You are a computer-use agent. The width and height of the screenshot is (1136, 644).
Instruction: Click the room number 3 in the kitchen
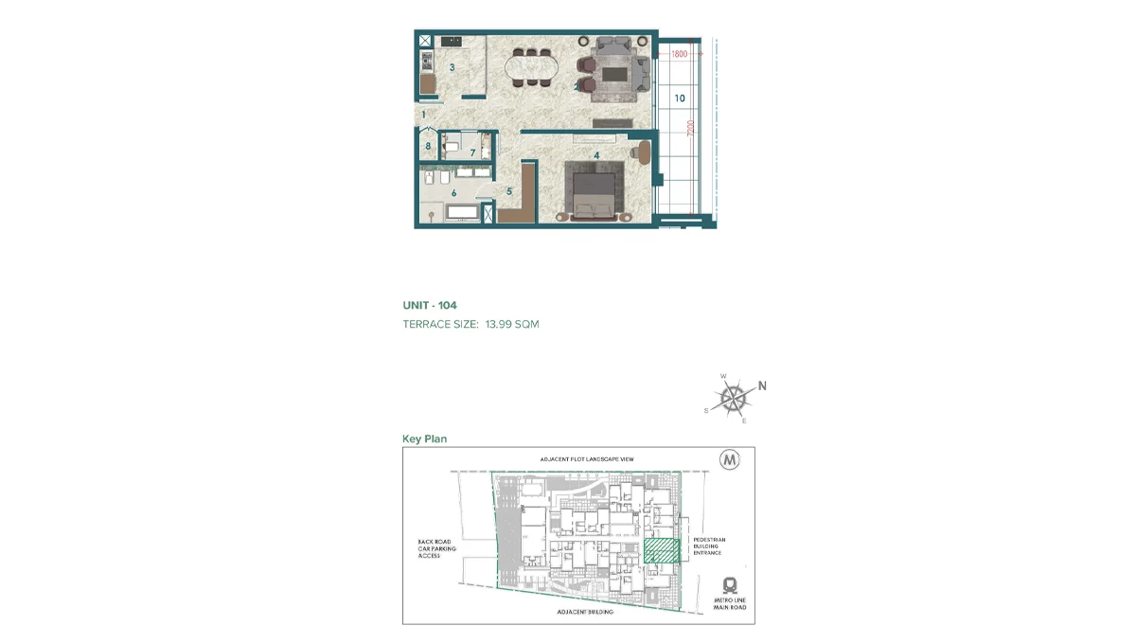(453, 67)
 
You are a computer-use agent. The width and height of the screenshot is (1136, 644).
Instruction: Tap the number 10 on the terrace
(680, 98)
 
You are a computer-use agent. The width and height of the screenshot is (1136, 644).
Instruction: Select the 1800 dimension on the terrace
(679, 55)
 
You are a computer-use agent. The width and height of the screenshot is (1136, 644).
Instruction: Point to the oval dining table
(532, 68)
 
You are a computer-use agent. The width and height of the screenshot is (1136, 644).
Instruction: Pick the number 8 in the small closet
(428, 146)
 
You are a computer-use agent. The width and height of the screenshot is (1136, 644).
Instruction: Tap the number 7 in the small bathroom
(472, 152)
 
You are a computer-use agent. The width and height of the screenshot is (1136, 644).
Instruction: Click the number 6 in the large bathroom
(454, 193)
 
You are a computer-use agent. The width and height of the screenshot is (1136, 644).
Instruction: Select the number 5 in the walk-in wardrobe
(508, 191)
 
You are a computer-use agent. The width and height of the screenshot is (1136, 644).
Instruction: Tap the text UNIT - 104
(430, 306)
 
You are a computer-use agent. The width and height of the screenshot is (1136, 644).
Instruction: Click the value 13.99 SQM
(512, 324)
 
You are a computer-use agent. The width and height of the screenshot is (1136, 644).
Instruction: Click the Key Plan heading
(424, 438)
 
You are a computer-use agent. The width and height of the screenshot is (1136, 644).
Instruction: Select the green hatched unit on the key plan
(662, 551)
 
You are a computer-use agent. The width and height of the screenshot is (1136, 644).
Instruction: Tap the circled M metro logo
(730, 460)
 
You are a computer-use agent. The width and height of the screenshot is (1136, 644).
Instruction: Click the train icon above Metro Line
(730, 584)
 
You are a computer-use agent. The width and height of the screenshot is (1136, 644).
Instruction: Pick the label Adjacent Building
(587, 613)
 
